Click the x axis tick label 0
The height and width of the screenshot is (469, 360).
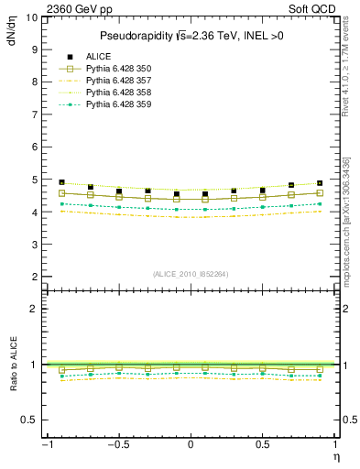tap(190, 444)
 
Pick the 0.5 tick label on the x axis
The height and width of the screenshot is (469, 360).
tap(262, 444)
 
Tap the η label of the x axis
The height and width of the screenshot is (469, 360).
tap(335, 455)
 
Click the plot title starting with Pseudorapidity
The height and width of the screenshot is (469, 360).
tap(191, 36)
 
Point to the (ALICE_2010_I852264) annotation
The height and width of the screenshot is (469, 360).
tap(191, 273)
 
